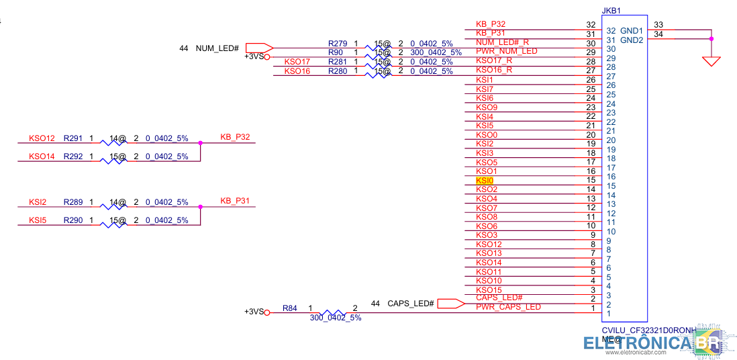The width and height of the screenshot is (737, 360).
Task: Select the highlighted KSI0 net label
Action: [x=485, y=181]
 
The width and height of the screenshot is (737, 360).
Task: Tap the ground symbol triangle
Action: [x=711, y=61]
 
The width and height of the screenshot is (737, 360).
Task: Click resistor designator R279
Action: [x=338, y=44]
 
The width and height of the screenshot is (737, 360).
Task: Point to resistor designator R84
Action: [x=289, y=308]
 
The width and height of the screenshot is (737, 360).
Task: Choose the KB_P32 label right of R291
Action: [x=235, y=137]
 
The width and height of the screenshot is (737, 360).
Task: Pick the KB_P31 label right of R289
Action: [x=235, y=201]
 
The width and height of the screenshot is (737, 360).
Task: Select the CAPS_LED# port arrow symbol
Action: [x=451, y=304]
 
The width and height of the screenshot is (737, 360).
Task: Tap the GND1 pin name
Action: [x=632, y=31]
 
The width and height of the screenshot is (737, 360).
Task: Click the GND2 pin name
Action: [x=632, y=40]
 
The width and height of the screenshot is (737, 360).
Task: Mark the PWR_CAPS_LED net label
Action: [x=508, y=307]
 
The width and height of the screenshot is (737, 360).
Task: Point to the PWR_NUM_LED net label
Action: [x=506, y=51]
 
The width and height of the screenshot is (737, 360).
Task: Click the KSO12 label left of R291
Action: [x=42, y=138]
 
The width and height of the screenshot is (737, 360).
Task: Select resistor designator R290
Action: [x=72, y=220]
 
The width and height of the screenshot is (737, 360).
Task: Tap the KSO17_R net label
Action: [x=494, y=60]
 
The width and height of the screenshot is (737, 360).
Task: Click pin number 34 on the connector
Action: [x=658, y=34]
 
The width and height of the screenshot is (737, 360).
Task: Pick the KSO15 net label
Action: [x=489, y=289]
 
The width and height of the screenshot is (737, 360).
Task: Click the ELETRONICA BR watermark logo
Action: [x=651, y=343]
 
